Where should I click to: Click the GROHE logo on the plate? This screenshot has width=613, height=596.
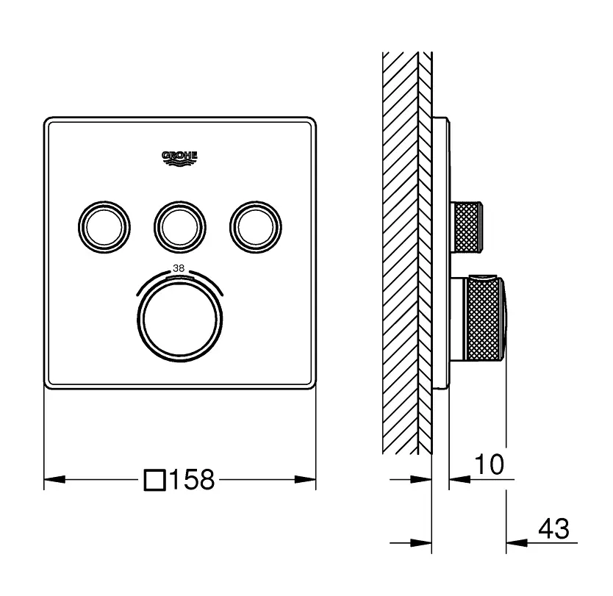tap(179, 158)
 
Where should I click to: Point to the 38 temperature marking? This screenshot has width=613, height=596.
tap(179, 268)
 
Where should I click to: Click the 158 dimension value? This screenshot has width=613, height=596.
tap(193, 479)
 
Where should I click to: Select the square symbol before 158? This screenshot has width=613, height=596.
tap(155, 480)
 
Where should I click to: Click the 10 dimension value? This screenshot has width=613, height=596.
tap(489, 464)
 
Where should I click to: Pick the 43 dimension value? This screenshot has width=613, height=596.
tap(553, 529)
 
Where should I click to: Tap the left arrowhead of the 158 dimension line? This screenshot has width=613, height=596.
tap(54, 479)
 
